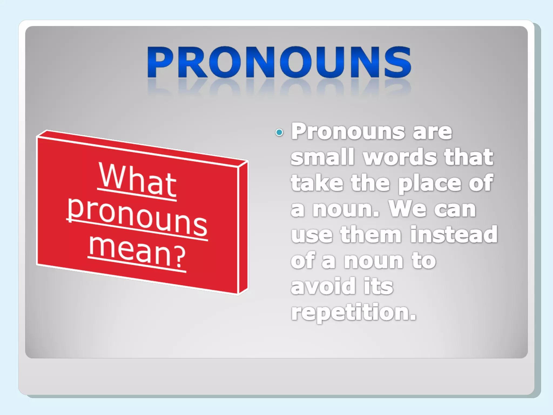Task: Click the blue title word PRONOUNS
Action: pos(279,62)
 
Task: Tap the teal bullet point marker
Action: pos(279,132)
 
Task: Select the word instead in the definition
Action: pos(454,234)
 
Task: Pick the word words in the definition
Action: pos(400,157)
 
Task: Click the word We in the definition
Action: pos(407,209)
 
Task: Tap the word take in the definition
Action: pos(317,183)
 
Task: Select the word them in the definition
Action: pos(371,234)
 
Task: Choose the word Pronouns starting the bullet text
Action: pos(348,131)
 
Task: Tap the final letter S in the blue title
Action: pos(397,62)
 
